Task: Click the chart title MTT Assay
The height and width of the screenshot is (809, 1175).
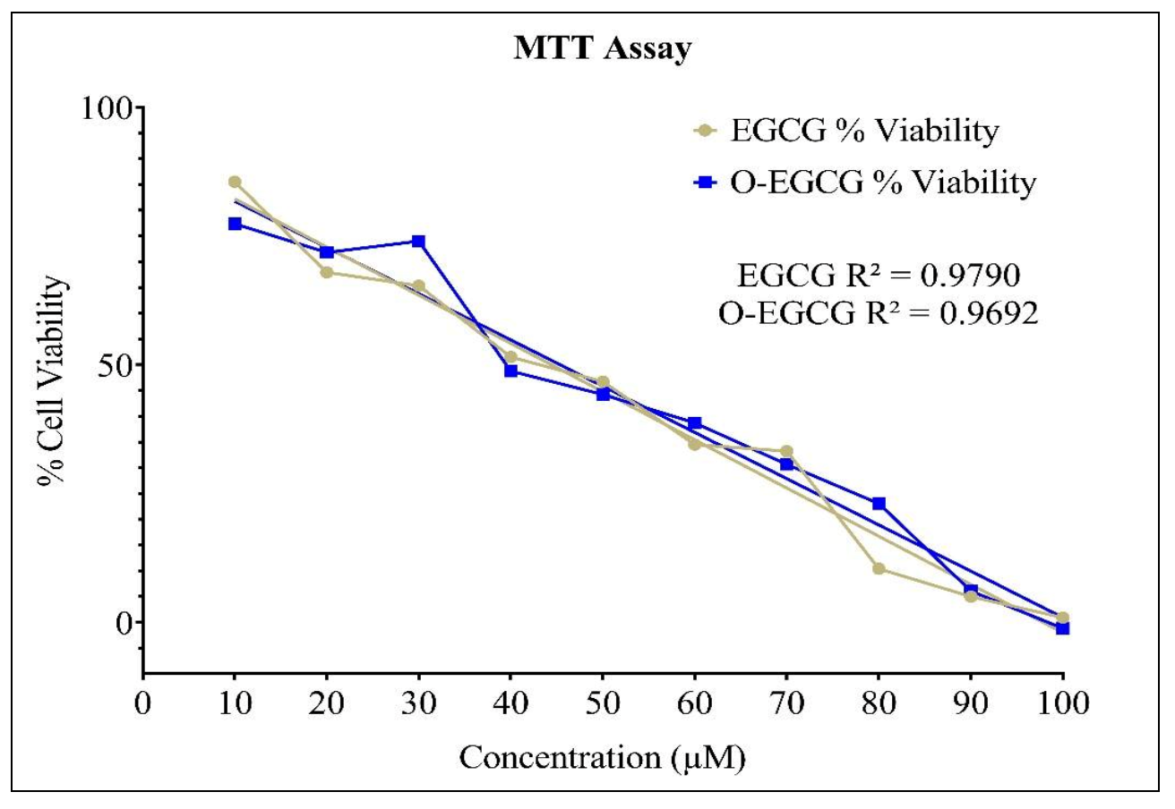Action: pyautogui.click(x=602, y=49)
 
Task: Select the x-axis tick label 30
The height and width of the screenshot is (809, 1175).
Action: pyautogui.click(x=418, y=700)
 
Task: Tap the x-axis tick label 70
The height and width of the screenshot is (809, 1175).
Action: pyautogui.click(x=786, y=700)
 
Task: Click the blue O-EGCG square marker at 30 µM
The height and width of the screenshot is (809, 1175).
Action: pyautogui.click(x=418, y=242)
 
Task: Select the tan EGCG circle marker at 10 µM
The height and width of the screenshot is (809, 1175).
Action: pyautogui.click(x=235, y=182)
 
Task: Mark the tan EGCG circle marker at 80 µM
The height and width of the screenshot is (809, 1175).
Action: pyautogui.click(x=879, y=568)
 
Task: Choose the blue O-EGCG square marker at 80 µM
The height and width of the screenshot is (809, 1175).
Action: pyautogui.click(x=879, y=504)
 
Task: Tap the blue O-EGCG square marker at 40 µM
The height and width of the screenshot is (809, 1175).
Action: pyautogui.click(x=510, y=370)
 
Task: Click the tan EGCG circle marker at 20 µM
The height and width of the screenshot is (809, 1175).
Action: pyautogui.click(x=327, y=272)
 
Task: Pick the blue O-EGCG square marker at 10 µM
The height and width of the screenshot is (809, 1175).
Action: pyautogui.click(x=235, y=224)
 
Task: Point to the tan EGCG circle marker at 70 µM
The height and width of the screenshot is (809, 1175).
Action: pyautogui.click(x=786, y=451)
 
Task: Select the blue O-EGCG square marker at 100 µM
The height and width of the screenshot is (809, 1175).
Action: pyautogui.click(x=1062, y=628)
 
